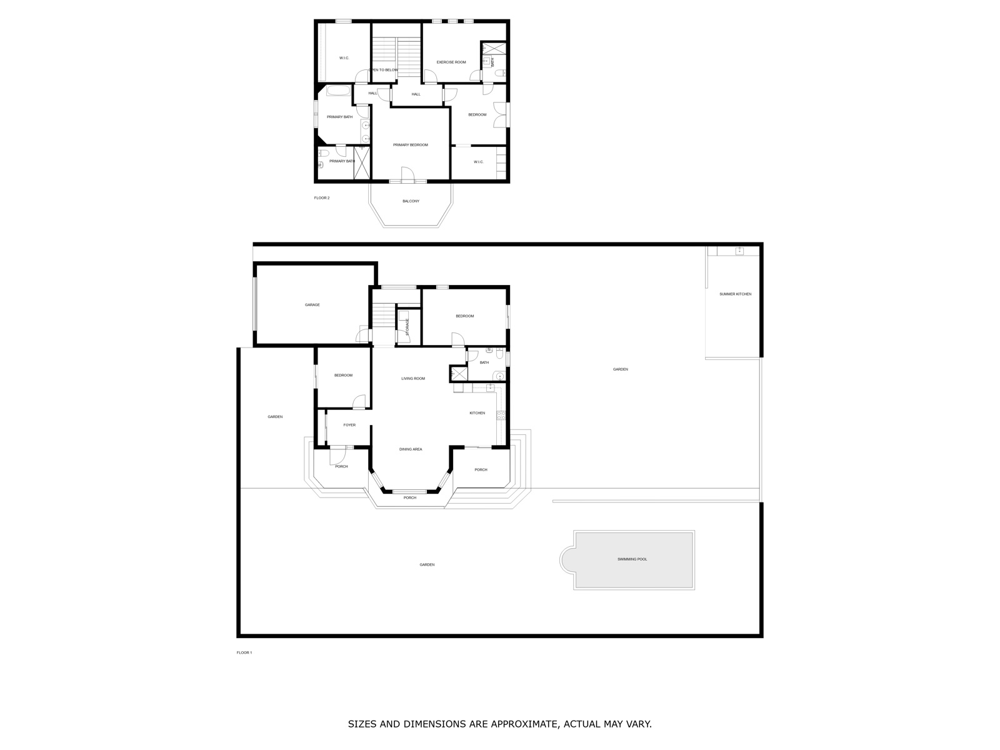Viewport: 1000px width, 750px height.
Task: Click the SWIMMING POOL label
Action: pyautogui.click(x=632, y=559)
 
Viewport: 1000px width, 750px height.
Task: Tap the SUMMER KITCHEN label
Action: pyautogui.click(x=735, y=294)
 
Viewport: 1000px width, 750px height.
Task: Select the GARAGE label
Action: pyautogui.click(x=312, y=305)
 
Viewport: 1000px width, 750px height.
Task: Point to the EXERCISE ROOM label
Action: pyautogui.click(x=451, y=62)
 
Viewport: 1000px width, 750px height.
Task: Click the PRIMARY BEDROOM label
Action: pyautogui.click(x=411, y=145)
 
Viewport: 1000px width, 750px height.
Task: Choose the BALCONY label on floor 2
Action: pyautogui.click(x=411, y=201)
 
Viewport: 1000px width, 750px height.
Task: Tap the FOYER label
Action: pyautogui.click(x=349, y=426)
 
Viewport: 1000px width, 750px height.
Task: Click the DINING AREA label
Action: pyautogui.click(x=411, y=449)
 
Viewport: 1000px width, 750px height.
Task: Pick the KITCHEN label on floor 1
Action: pyautogui.click(x=477, y=413)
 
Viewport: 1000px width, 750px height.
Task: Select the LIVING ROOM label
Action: pyautogui.click(x=413, y=378)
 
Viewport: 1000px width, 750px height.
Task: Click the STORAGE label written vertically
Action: pyautogui.click(x=407, y=327)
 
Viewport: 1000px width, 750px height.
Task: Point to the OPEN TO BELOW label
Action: pyautogui.click(x=383, y=70)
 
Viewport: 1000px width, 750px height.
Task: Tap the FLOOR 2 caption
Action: pyautogui.click(x=322, y=198)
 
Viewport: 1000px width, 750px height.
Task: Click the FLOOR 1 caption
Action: pyautogui.click(x=244, y=652)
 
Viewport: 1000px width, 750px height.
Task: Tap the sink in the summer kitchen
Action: pyautogui.click(x=739, y=251)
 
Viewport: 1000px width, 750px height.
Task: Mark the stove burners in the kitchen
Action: pyautogui.click(x=501, y=415)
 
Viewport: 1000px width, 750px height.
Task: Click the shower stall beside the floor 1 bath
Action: pyautogui.click(x=459, y=374)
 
